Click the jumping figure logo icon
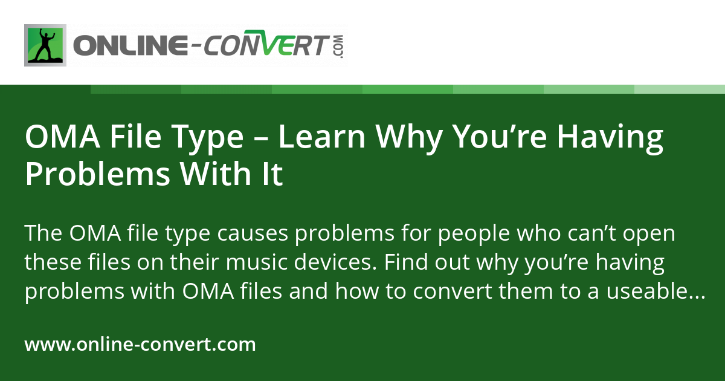click(x=45, y=45)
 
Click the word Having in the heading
click(x=610, y=137)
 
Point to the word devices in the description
click(x=326, y=264)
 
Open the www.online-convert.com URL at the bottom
click(x=140, y=345)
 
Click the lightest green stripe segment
click(x=680, y=89)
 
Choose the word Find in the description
click(x=402, y=264)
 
